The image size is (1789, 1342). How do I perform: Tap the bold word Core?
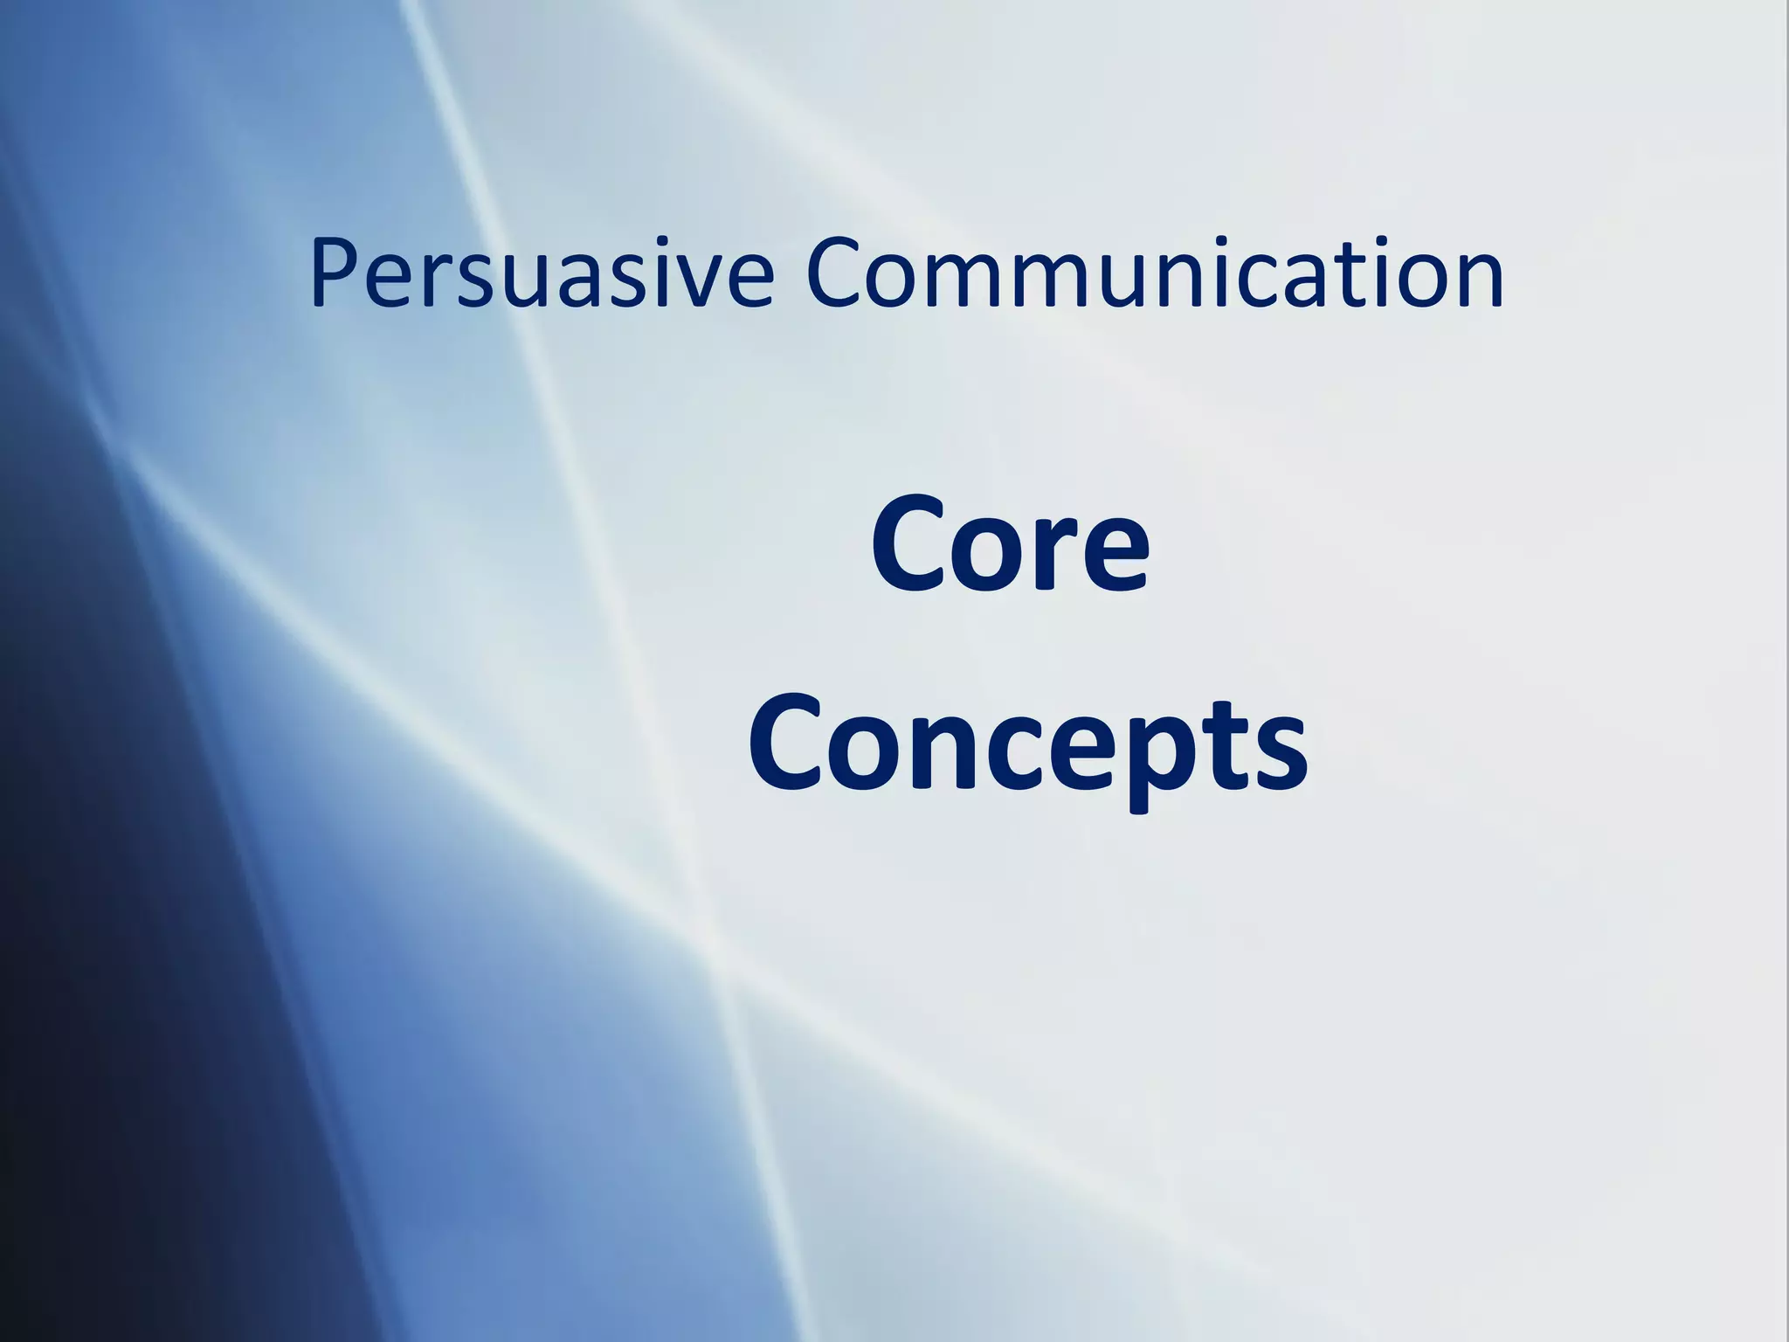(1010, 546)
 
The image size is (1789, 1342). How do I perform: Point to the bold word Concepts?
(1027, 743)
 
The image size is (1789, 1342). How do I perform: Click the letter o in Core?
(987, 556)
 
